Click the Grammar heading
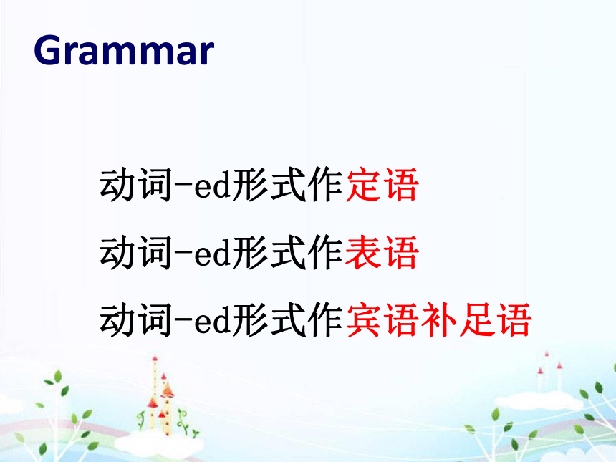[124, 50]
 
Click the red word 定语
[382, 185]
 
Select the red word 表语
[382, 253]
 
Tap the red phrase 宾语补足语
[439, 320]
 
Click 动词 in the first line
[136, 185]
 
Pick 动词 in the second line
[136, 253]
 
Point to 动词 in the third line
[136, 320]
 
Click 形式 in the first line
[269, 185]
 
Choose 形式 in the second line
[269, 253]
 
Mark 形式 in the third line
[269, 320]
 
